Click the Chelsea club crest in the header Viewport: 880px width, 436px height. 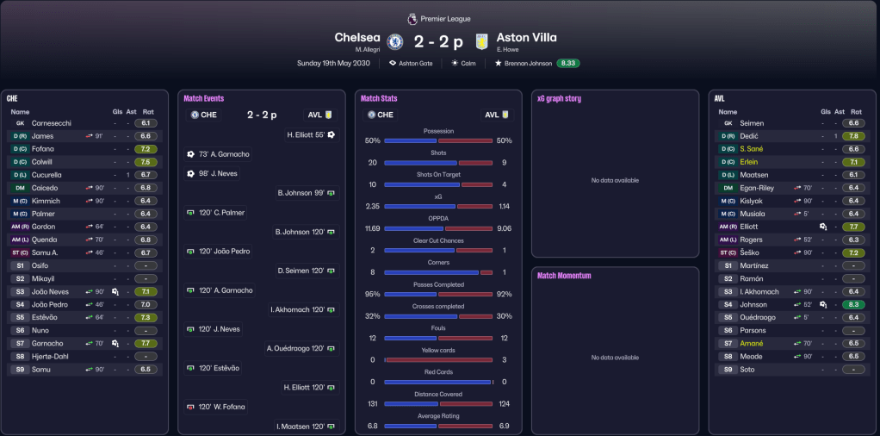point(395,41)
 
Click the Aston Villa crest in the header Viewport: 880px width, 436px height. point(481,41)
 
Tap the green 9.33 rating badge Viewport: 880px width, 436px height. point(567,63)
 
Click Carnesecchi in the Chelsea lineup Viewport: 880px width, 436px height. point(52,123)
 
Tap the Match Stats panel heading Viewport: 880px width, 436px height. point(379,99)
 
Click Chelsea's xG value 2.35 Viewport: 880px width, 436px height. point(372,207)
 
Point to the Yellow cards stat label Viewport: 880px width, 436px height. point(438,351)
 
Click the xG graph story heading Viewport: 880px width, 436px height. point(559,99)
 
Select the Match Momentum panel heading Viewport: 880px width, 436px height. point(565,276)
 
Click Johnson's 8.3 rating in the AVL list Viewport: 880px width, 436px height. point(852,304)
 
